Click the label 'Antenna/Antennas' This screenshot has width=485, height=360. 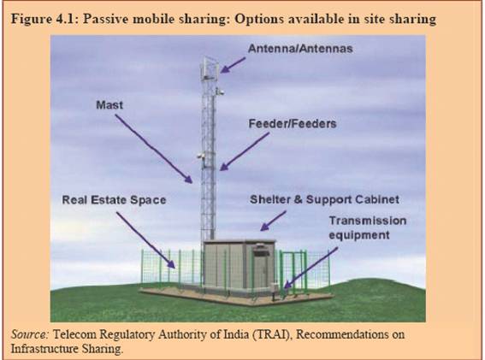tap(300, 49)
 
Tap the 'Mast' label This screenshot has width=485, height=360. tap(109, 105)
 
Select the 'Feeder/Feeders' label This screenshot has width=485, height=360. tap(293, 124)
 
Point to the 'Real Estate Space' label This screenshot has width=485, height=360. tap(114, 200)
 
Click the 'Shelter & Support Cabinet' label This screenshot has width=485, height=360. tap(324, 199)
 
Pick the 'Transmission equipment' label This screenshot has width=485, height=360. tap(368, 228)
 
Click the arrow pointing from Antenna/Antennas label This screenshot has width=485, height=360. tap(233, 65)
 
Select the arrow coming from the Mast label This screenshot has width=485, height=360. tap(154, 149)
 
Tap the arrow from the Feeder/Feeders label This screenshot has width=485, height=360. tap(245, 151)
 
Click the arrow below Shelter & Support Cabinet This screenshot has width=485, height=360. tap(273, 221)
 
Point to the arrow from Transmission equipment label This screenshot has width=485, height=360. tap(311, 269)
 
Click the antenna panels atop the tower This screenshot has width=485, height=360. tap(210, 68)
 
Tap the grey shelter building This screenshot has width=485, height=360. tap(239, 267)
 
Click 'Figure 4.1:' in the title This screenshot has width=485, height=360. tap(46, 19)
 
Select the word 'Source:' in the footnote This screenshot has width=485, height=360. tap(30, 334)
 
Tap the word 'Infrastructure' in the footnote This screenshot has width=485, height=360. tap(44, 349)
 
